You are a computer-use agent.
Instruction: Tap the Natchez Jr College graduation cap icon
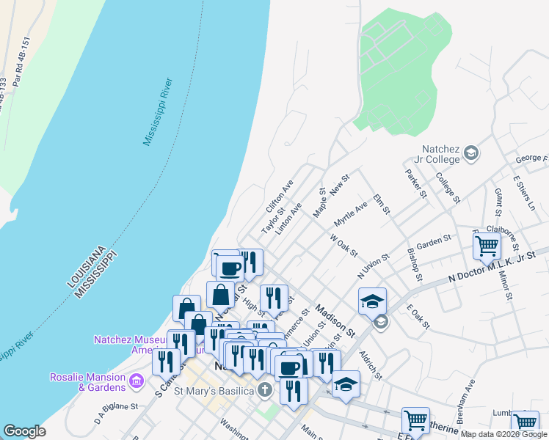(471, 153)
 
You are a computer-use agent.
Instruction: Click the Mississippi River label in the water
(158, 111)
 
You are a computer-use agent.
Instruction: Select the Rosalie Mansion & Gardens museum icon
(136, 381)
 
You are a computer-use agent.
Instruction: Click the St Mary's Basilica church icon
(265, 390)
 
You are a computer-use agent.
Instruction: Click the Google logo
(24, 430)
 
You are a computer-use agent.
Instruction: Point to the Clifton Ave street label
(280, 196)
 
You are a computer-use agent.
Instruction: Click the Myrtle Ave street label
(350, 215)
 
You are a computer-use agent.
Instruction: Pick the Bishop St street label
(415, 264)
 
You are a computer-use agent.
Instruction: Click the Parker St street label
(415, 183)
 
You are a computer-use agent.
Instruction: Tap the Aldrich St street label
(371, 364)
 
